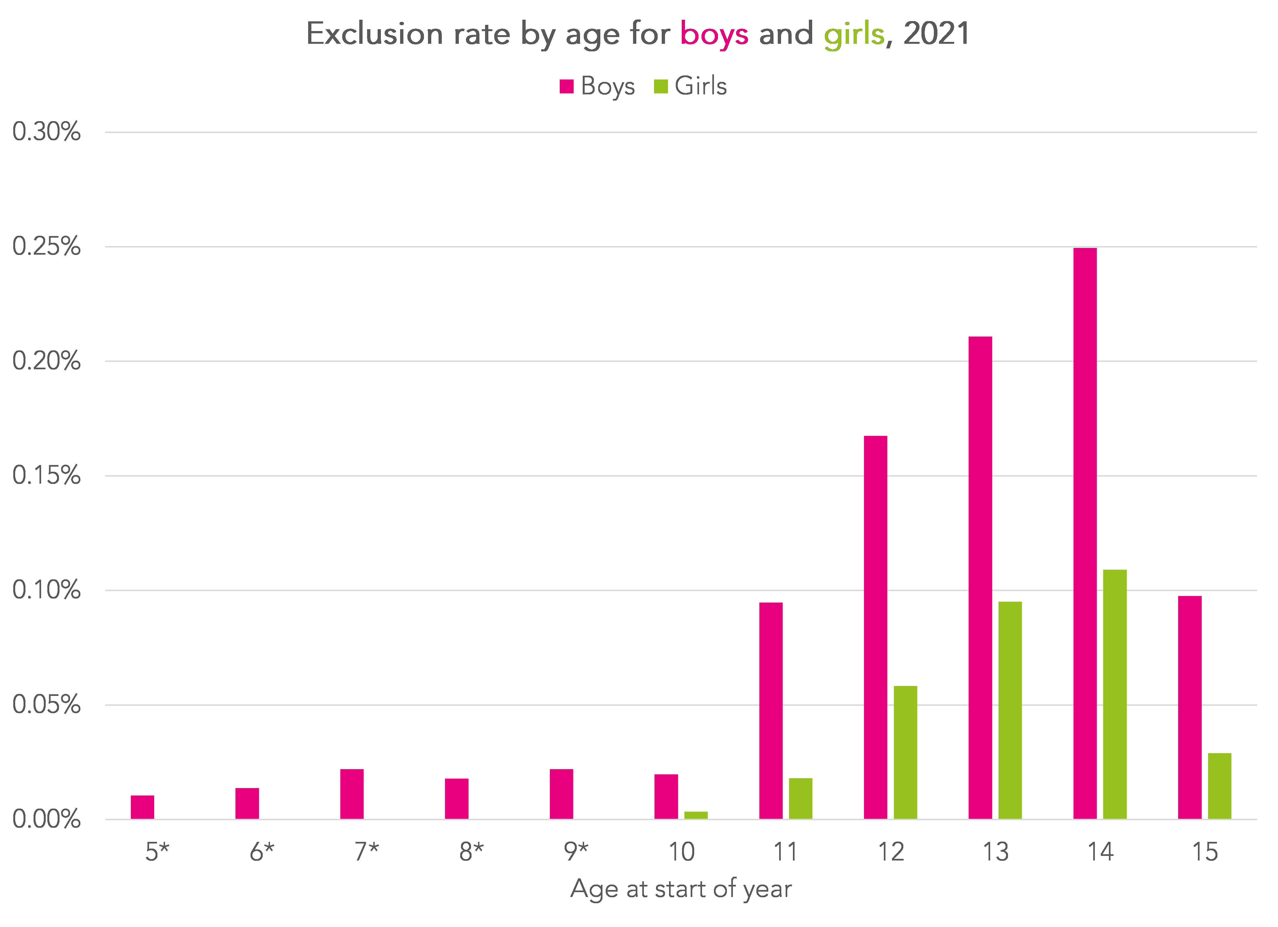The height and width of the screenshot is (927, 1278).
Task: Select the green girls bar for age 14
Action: [1115, 694]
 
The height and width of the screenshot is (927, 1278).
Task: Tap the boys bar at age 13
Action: [980, 577]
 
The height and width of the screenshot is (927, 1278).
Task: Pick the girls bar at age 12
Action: [905, 752]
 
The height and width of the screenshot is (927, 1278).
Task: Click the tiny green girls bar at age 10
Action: [696, 815]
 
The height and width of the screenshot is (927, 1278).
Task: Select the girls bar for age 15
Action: [1219, 786]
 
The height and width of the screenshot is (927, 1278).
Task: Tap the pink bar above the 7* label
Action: [352, 793]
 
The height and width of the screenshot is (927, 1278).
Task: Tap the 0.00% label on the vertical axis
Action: [46, 819]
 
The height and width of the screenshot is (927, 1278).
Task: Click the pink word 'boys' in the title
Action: [714, 34]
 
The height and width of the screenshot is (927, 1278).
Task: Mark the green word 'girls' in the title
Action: [854, 34]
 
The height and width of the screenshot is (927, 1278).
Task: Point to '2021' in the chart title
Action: [936, 34]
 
